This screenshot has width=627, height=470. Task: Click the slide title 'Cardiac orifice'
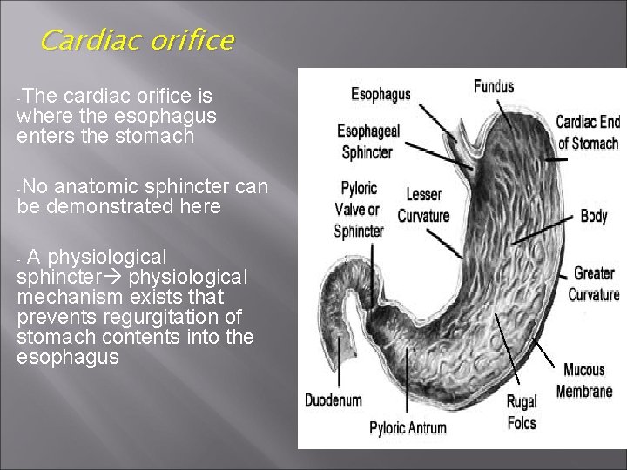click(136, 41)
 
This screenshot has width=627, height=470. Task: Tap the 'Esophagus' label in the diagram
click(381, 94)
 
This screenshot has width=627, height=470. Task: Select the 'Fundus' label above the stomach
click(494, 86)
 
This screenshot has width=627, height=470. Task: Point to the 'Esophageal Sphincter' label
click(369, 141)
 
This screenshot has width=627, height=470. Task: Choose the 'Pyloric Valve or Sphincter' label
click(359, 210)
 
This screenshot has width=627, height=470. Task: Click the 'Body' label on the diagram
click(593, 216)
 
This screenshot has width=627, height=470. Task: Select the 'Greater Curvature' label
click(592, 284)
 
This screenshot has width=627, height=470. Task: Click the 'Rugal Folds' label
click(522, 413)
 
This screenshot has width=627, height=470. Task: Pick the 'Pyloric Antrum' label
click(408, 427)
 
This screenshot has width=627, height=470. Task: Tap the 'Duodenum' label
click(332, 401)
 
